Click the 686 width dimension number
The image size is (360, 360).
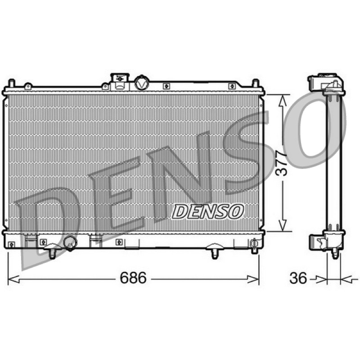pyautogui.click(x=133, y=278)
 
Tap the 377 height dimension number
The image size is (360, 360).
pyautogui.click(x=282, y=163)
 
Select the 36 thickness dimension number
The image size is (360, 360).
pyautogui.click(x=298, y=278)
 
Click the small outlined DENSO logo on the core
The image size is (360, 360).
pyautogui.click(x=207, y=211)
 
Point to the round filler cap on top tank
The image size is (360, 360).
pyautogui.click(x=142, y=83)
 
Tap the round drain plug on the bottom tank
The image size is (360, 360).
pyautogui.click(x=70, y=243)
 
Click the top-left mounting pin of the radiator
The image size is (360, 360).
pyautogui.click(x=11, y=83)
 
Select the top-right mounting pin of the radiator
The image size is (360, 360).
pyautogui.click(x=256, y=83)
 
